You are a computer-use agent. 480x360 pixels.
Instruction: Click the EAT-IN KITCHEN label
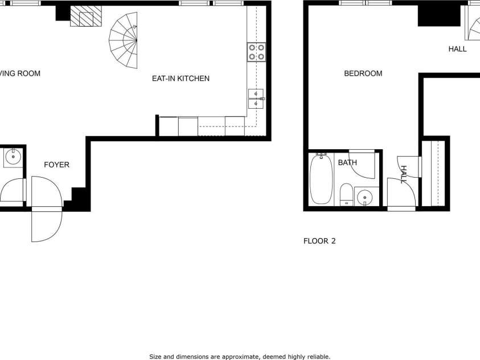click(180, 79)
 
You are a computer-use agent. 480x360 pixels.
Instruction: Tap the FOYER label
click(57, 165)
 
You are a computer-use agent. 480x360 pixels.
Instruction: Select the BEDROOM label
click(363, 73)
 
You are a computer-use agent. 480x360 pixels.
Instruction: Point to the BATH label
click(347, 163)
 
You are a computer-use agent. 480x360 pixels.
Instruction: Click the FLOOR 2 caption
click(319, 241)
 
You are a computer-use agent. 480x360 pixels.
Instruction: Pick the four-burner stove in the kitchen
click(256, 52)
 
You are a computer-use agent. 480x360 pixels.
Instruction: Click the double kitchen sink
click(256, 99)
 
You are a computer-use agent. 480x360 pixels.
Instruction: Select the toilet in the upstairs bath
click(346, 194)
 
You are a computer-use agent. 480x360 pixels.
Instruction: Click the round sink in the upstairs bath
click(364, 197)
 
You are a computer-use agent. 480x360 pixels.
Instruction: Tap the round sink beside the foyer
click(13, 156)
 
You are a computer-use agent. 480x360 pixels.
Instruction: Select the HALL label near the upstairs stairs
click(457, 49)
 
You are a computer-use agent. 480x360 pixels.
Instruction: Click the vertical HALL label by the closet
click(404, 174)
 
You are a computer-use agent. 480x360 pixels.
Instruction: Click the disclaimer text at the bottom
click(240, 357)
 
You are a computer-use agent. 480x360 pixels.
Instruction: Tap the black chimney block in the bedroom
click(438, 15)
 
